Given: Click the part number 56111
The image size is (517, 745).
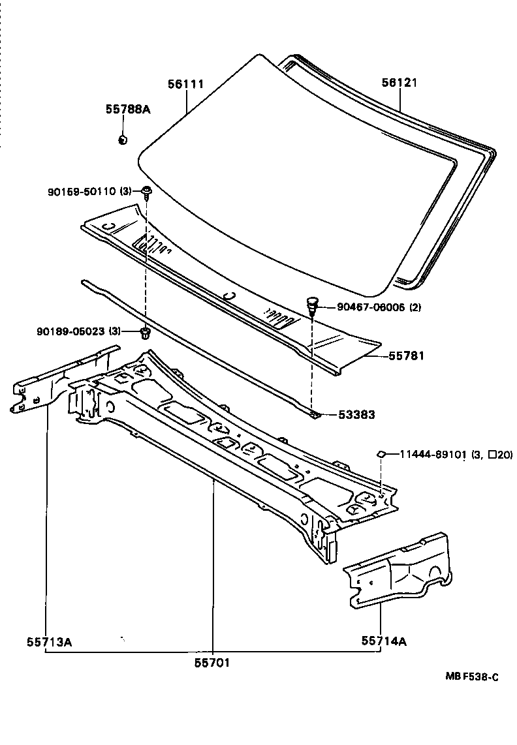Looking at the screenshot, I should [x=185, y=84].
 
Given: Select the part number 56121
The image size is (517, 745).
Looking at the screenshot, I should [x=399, y=83].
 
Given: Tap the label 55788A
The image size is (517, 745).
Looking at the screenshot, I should [x=128, y=110].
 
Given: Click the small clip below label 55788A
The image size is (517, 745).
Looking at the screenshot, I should [x=122, y=139].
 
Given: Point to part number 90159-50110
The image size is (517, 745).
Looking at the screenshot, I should [x=81, y=191].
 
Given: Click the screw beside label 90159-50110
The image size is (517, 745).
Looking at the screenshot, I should [x=147, y=191].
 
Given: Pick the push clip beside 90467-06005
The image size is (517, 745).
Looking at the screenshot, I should [x=313, y=304].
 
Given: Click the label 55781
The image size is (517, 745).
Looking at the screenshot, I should [x=406, y=356].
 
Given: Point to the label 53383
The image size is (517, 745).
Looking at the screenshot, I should [x=356, y=414].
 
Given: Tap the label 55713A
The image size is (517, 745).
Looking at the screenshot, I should [x=49, y=641].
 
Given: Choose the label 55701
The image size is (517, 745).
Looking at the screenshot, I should [x=213, y=662].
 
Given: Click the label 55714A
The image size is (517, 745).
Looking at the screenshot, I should [x=384, y=641].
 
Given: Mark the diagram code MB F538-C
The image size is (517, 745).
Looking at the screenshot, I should [x=471, y=677].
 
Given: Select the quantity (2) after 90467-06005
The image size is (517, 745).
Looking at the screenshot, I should [x=415, y=308].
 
